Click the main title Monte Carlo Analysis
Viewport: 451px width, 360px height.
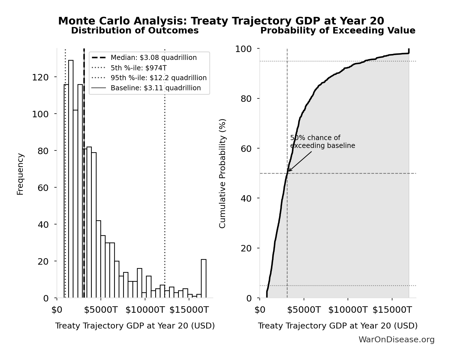(x=221, y=21)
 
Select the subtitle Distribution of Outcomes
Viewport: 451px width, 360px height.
(x=135, y=31)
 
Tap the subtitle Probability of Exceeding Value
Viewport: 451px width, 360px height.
(x=337, y=31)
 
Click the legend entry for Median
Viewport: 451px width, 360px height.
(x=154, y=58)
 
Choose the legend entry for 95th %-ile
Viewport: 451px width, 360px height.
(x=158, y=78)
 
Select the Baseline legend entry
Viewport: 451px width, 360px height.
(x=155, y=88)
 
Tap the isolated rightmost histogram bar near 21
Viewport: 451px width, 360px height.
(x=203, y=278)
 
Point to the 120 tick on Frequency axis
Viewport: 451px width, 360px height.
(x=40, y=77)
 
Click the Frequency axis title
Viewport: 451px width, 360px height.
(x=20, y=174)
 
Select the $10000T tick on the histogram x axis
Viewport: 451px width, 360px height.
(x=145, y=310)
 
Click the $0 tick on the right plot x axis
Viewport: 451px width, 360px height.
(x=260, y=310)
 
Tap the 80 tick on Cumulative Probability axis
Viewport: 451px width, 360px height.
(x=246, y=99)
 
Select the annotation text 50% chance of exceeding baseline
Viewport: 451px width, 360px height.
(x=322, y=142)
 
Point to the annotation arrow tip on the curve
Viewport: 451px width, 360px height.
(x=289, y=171)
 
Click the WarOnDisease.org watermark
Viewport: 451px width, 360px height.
(x=396, y=340)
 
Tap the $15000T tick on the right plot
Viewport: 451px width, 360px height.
(x=392, y=310)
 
